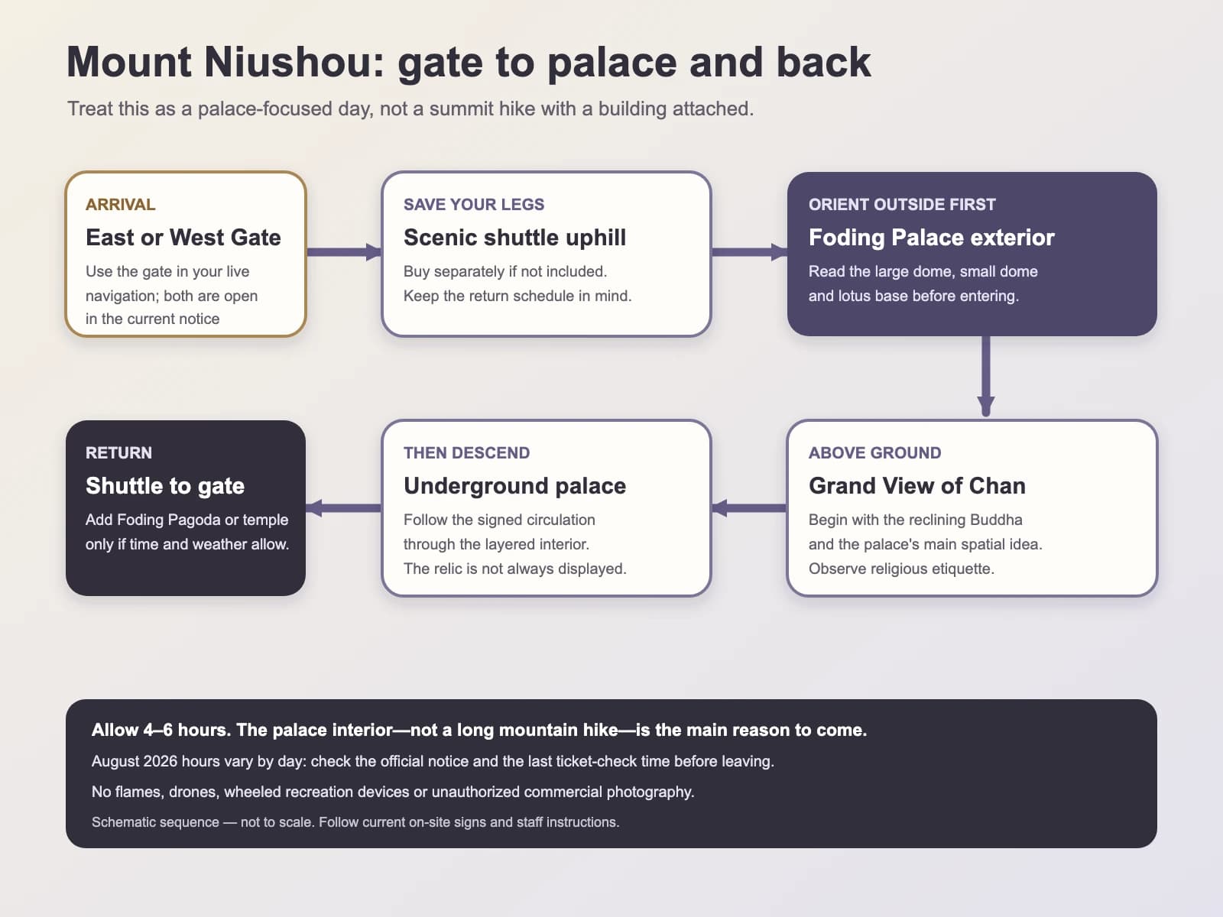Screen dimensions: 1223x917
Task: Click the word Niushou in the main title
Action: pyautogui.click(x=294, y=62)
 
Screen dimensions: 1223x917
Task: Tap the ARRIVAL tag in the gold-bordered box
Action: pyautogui.click(x=120, y=204)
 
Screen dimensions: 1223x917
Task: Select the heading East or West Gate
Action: pyautogui.click(x=183, y=237)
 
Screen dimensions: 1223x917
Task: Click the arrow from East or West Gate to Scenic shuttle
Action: pyautogui.click(x=344, y=251)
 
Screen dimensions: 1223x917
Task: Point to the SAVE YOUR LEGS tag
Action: pyautogui.click(x=474, y=204)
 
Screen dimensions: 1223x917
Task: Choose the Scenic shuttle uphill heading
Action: pyautogui.click(x=515, y=237)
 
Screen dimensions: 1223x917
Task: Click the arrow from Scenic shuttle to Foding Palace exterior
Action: pyautogui.click(x=749, y=251)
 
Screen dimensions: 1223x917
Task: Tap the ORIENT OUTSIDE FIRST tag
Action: pyautogui.click(x=902, y=204)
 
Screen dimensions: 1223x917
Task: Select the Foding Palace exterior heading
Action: pyautogui.click(x=932, y=237)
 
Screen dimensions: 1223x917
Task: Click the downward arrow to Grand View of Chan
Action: pyautogui.click(x=985, y=376)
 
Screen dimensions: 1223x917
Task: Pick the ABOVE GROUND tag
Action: pyautogui.click(x=874, y=452)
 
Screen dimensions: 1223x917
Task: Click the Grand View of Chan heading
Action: pyautogui.click(x=917, y=485)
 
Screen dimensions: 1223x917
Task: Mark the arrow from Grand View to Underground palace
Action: pyautogui.click(x=749, y=507)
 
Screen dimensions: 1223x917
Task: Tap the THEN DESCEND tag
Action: pyautogui.click(x=466, y=452)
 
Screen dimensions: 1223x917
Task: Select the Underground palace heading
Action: pyautogui.click(x=515, y=485)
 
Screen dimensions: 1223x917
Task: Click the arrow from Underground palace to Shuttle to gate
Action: pyautogui.click(x=344, y=507)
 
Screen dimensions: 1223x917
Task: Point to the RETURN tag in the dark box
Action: pyautogui.click(x=118, y=452)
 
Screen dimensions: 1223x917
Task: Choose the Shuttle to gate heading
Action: pyautogui.click(x=165, y=485)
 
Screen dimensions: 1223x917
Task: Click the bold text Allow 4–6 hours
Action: pyautogui.click(x=161, y=730)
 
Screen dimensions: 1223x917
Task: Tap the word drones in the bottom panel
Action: pyautogui.click(x=193, y=792)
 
